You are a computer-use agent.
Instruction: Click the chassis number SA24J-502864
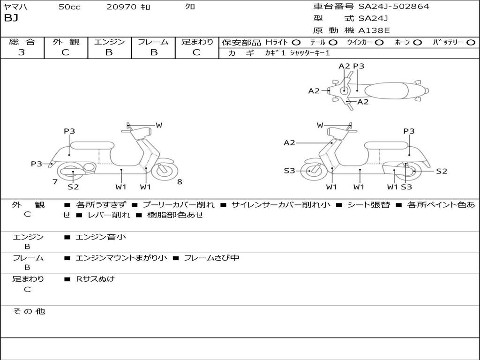click(394, 7)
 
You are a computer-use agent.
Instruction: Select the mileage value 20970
click(121, 7)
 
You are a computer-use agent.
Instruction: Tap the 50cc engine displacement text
click(69, 7)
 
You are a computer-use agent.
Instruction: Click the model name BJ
click(11, 18)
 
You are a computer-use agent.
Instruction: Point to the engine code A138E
click(374, 30)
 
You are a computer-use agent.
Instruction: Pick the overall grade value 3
click(22, 52)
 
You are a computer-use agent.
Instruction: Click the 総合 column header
click(22, 42)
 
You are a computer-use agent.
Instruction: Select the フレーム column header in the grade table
click(153, 42)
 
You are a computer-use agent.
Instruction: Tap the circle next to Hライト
click(296, 42)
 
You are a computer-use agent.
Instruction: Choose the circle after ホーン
click(417, 42)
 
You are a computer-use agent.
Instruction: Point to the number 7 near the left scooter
click(55, 182)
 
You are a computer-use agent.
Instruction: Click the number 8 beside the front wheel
click(180, 182)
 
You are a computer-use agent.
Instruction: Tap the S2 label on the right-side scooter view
click(442, 171)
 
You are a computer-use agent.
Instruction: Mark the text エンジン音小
click(101, 237)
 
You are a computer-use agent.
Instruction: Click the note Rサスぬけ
click(96, 279)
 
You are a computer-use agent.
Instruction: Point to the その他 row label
click(29, 311)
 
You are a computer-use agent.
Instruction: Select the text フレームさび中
click(211, 258)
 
